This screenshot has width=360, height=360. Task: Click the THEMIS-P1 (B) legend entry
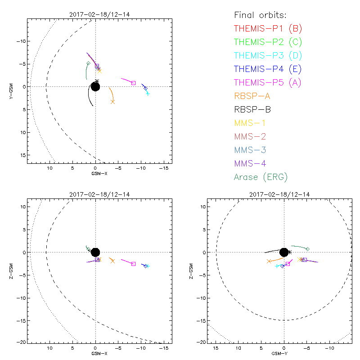tap(268, 29)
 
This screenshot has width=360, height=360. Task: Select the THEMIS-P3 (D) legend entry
tap(268, 56)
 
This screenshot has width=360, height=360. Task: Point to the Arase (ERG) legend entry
tap(261, 177)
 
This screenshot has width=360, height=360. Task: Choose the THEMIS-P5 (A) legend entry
tap(268, 82)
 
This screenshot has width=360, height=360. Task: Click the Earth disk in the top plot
tap(95, 86)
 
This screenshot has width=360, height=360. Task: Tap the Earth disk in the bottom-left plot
tap(95, 252)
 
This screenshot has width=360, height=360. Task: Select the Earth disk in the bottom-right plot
tap(284, 252)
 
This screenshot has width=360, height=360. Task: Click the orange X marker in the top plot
tap(112, 102)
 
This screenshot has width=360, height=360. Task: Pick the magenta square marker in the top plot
tap(133, 83)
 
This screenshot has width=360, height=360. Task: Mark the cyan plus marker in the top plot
tap(148, 94)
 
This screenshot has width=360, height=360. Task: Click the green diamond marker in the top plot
tap(88, 63)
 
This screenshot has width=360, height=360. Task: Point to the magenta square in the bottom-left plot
tap(133, 264)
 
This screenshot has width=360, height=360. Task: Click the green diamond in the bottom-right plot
tap(307, 249)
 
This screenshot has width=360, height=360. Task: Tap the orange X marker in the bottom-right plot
tap(269, 261)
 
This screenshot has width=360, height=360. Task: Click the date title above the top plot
tap(95, 14)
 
